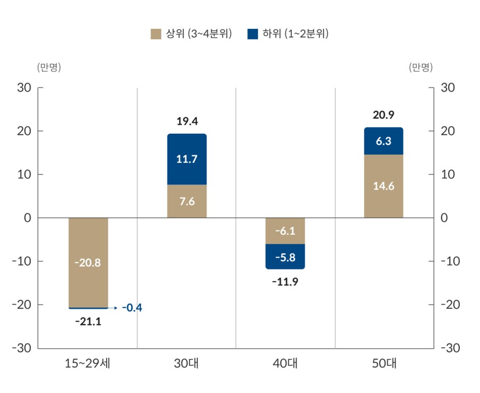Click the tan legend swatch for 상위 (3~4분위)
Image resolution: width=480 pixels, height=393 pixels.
point(156,35)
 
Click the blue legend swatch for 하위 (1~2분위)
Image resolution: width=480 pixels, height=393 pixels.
point(253,35)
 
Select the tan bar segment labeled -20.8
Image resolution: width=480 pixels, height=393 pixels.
point(88,262)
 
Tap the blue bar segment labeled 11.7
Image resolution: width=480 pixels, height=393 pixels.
point(187,159)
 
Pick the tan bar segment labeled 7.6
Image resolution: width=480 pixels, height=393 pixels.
point(187,201)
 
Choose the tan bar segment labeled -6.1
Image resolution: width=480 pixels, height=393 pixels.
point(285,231)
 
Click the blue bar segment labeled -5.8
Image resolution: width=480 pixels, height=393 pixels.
point(285,257)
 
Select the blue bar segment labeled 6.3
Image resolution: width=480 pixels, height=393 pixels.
point(383,141)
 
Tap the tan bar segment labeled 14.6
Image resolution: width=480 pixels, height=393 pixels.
point(383,186)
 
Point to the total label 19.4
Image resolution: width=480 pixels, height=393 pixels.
point(187,121)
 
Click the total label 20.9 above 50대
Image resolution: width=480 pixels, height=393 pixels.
point(383,115)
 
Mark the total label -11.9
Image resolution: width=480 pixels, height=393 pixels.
point(285,282)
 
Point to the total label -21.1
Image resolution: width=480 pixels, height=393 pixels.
point(88,321)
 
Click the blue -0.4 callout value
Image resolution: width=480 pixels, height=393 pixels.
point(132,308)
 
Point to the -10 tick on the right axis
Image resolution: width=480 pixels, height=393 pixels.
point(451,261)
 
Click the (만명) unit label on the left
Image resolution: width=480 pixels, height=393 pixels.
point(49,67)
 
